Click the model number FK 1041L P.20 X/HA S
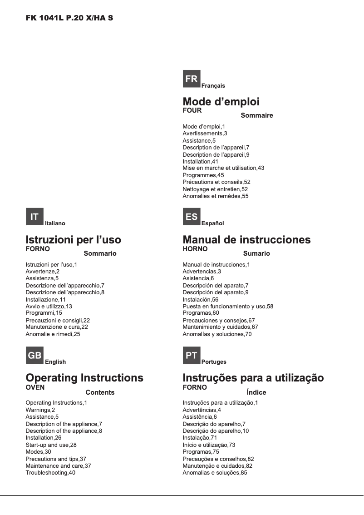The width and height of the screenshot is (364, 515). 69,20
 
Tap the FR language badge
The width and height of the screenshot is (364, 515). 192,79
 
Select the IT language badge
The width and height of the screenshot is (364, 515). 34,217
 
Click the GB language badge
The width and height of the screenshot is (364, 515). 34,356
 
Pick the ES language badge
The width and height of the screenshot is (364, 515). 192,217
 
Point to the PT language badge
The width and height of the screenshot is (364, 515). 192,356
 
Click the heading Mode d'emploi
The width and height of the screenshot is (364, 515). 221,102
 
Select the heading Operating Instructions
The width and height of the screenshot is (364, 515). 84,378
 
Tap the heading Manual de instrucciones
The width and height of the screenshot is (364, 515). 246,239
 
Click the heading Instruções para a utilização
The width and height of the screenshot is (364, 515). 253,378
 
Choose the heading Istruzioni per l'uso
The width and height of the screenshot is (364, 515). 74,239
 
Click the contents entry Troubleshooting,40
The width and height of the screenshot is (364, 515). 50,473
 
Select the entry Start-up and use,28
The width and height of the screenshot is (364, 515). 51,445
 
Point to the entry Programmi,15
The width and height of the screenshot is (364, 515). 44,313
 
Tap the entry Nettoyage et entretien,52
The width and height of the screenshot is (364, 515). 215,189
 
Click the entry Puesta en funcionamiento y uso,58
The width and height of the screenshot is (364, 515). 228,307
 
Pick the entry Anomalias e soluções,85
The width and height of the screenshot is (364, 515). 215,473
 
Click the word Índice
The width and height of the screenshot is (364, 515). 256,392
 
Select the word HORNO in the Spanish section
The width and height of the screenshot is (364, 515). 195,249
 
